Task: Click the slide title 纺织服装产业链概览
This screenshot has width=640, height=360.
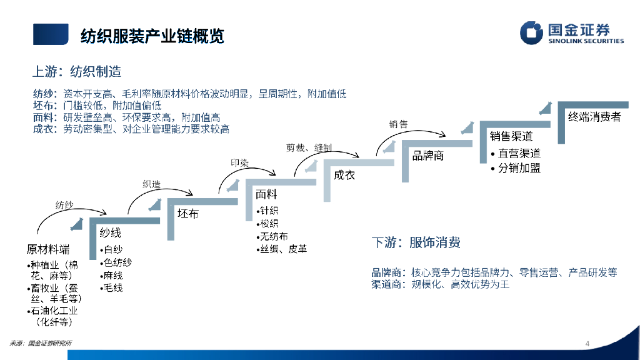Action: click(x=152, y=36)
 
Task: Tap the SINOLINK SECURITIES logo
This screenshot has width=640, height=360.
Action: click(x=572, y=33)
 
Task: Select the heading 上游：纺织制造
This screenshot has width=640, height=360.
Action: click(x=77, y=71)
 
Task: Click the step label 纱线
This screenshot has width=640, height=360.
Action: click(x=111, y=233)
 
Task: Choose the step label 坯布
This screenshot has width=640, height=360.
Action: click(x=188, y=214)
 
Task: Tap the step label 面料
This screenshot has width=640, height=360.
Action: click(x=266, y=194)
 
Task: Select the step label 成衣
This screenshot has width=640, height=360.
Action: click(x=344, y=175)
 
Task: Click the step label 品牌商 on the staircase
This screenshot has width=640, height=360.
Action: click(x=428, y=156)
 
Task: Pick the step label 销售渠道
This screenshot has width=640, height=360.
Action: click(x=511, y=136)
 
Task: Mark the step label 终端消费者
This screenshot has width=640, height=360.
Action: click(x=594, y=116)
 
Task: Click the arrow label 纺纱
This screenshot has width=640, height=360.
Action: click(x=64, y=204)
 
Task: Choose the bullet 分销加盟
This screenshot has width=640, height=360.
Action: click(x=519, y=167)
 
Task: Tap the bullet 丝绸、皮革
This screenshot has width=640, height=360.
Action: click(x=284, y=249)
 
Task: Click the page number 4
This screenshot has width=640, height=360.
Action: click(x=587, y=343)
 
